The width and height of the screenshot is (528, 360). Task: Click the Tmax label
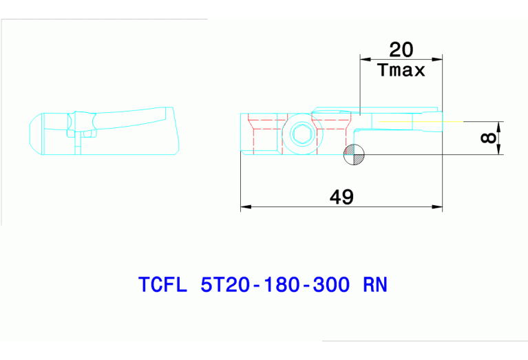click(401, 70)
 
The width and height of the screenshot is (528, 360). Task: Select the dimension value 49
click(341, 197)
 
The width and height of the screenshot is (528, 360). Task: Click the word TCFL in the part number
click(162, 285)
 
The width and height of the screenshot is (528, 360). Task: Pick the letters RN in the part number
click(374, 285)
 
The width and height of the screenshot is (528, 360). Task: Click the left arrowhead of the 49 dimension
click(244, 206)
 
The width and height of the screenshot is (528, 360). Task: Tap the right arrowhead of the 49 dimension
click(438, 206)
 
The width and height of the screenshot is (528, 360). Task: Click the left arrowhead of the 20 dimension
click(365, 59)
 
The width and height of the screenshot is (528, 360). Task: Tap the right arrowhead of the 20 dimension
click(438, 59)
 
